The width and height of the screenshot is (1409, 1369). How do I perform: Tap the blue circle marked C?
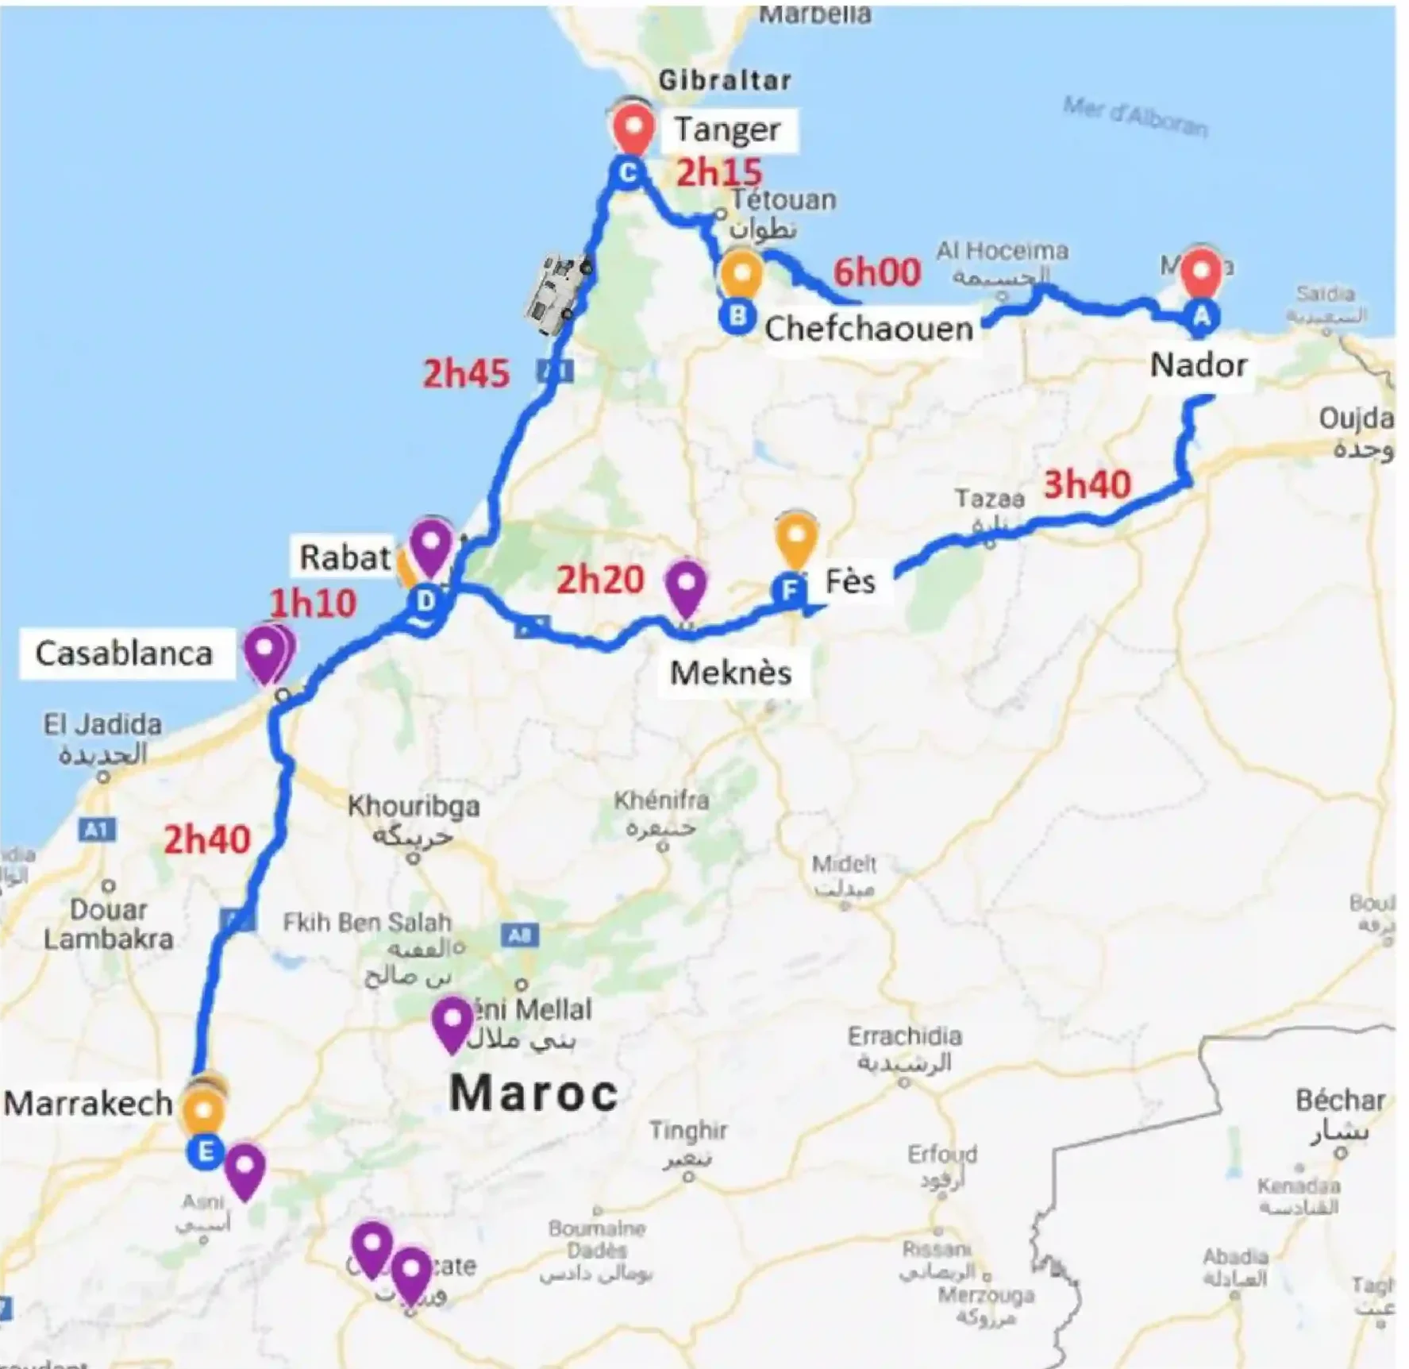click(x=627, y=172)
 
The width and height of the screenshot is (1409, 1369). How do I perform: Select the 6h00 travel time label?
click(x=876, y=272)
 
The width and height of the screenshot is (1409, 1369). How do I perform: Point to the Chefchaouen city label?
click(x=868, y=329)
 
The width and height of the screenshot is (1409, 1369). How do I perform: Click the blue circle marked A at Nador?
click(x=1202, y=317)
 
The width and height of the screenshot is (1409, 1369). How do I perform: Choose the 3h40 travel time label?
click(x=1087, y=484)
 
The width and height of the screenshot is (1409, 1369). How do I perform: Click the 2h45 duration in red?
click(x=466, y=373)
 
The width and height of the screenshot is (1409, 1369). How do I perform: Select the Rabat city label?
click(x=345, y=557)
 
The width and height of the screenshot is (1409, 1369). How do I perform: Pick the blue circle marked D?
click(x=426, y=601)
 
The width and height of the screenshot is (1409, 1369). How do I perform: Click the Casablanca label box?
click(x=125, y=654)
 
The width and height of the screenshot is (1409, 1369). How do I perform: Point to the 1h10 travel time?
click(x=314, y=604)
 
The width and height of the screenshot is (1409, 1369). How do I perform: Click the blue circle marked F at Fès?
click(x=790, y=590)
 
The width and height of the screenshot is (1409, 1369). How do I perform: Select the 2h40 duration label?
click(x=207, y=839)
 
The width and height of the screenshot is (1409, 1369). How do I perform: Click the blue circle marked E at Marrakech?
click(x=205, y=1151)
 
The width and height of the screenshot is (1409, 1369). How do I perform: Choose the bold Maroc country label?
click(x=533, y=1093)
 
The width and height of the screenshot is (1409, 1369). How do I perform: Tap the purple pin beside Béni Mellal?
click(x=452, y=1022)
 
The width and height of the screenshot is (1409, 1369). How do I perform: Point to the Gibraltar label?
click(x=725, y=80)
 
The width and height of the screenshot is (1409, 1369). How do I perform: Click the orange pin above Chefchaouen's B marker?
click(x=741, y=274)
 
